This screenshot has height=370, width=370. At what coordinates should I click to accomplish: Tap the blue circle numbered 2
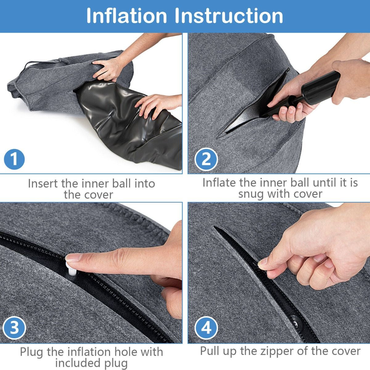tap(206, 159)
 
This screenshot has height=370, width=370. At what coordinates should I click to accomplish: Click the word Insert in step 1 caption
tap(43, 183)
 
